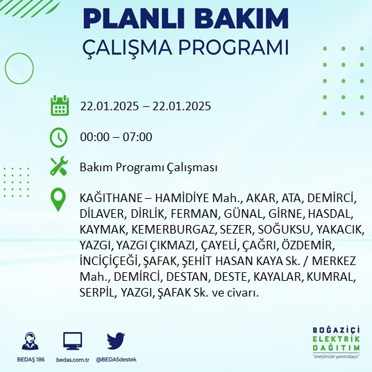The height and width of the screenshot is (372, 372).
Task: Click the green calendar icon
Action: click(60, 106)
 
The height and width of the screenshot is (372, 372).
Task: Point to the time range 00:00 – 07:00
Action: click(116, 137)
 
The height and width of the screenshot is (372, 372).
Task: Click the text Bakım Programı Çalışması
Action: click(148, 168)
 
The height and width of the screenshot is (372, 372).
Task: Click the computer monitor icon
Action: click(72, 341)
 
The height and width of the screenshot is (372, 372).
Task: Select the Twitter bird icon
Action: click(115, 341)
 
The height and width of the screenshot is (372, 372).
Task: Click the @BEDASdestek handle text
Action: click(115, 360)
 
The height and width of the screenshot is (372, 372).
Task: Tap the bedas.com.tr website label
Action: click(72, 360)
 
